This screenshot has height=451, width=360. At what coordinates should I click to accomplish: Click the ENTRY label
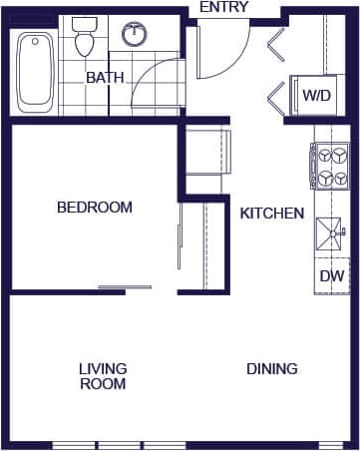point(225,8)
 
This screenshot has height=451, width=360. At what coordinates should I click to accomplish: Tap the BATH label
point(104,77)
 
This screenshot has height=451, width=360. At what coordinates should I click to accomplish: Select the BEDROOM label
point(95,208)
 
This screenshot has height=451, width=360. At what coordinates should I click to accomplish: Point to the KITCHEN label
point(272,213)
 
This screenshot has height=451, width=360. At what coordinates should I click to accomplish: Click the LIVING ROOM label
point(103,376)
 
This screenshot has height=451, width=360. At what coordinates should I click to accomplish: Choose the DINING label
point(272,369)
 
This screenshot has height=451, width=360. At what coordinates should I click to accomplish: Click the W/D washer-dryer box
point(317,96)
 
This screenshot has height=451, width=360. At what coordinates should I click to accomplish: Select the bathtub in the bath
point(37,72)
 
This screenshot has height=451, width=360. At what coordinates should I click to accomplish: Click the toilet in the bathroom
point(85,37)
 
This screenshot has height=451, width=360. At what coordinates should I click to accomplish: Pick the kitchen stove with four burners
point(330,166)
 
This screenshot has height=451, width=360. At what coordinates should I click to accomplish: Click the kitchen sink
point(330,236)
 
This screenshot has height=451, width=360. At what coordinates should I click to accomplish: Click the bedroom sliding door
point(125,287)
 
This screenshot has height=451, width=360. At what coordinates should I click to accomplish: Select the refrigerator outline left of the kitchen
point(207,151)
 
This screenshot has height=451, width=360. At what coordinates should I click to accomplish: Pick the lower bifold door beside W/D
point(276,98)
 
